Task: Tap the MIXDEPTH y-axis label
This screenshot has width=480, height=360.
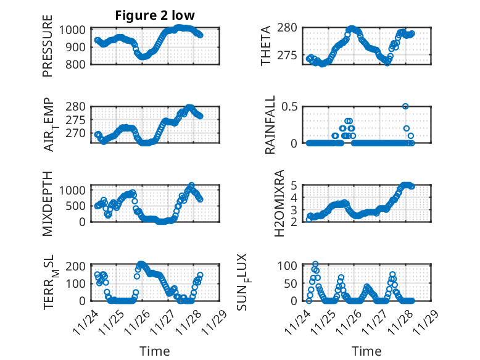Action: pos(48,203)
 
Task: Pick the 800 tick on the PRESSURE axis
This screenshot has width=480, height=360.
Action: pos(78,64)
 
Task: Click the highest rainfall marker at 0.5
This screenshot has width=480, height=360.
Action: pos(405,106)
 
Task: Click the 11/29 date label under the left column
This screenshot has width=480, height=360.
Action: pos(217,322)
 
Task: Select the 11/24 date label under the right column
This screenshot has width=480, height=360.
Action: pos(302,322)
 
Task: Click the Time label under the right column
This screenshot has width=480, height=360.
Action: pos(367,351)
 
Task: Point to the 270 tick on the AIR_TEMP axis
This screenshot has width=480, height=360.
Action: pos(78,133)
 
